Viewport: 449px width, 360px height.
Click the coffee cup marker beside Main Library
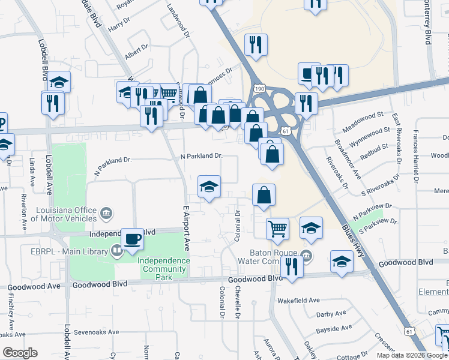click(x=132, y=239)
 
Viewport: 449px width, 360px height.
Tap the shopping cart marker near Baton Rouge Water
click(x=277, y=228)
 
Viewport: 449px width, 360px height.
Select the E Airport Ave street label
click(x=186, y=228)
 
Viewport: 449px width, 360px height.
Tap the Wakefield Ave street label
click(x=298, y=300)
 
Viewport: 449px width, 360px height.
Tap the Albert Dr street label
click(x=136, y=52)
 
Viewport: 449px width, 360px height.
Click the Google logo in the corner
click(x=20, y=353)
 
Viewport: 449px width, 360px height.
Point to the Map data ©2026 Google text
click(x=412, y=355)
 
